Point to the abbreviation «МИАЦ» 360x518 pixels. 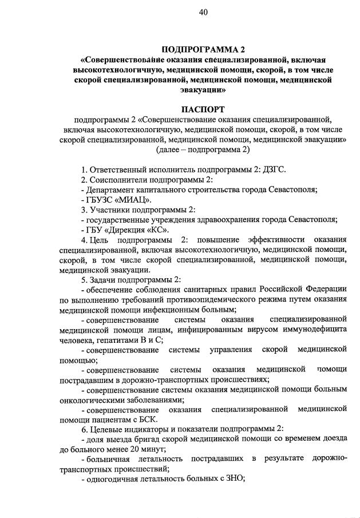tap(132, 200)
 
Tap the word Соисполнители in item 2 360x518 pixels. tap(118, 180)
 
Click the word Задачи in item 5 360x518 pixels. tap(106, 279)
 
